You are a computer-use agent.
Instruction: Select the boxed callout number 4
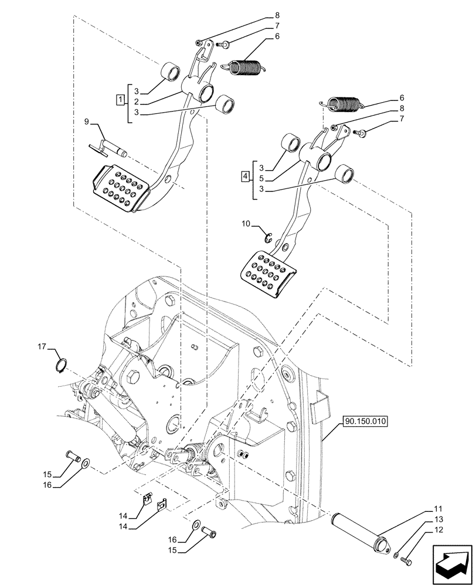click(244, 175)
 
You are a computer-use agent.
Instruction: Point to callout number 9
click(87, 122)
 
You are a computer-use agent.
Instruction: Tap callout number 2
click(136, 101)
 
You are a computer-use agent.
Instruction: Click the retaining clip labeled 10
click(269, 237)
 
